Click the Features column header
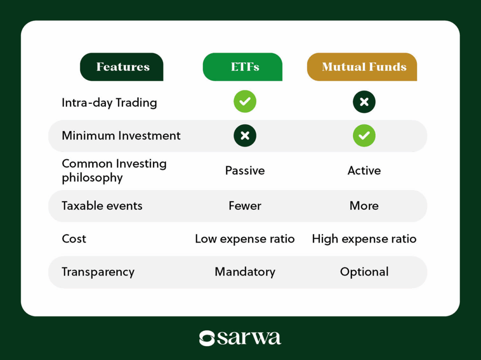(122, 67)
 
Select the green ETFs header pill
(243, 67)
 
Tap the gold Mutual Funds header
(362, 67)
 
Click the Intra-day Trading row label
(109, 103)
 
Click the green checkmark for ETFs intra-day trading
(245, 101)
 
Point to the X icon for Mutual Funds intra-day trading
(364, 102)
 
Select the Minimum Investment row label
(121, 136)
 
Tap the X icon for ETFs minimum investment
(245, 136)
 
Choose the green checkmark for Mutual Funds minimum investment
(364, 136)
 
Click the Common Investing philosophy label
(114, 170)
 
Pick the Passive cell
(245, 170)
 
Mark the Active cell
(364, 170)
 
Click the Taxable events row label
(102, 206)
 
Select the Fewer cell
(245, 206)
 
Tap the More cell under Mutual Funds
(364, 206)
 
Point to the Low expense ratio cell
(245, 239)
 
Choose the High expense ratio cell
(364, 239)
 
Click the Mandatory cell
(245, 272)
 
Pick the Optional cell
(364, 272)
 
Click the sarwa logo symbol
(207, 338)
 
